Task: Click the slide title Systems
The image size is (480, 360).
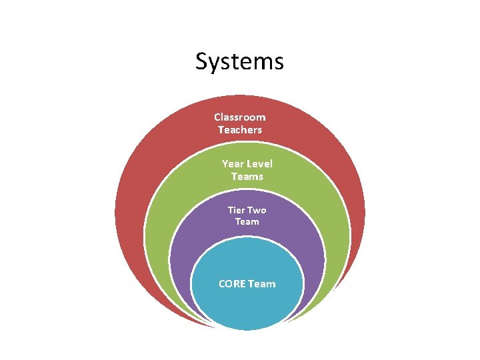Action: point(239,62)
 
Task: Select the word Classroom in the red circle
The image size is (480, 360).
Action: point(239,117)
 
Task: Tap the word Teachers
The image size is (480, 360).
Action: point(240,129)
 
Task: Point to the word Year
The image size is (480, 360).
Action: point(233,164)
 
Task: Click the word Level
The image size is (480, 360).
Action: point(259,164)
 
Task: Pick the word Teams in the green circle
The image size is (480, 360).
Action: point(247,177)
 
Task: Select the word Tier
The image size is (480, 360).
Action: point(237,210)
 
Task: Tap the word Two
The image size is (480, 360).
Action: point(257,210)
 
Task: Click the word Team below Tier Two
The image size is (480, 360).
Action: point(247,221)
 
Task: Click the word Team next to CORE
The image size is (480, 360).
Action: point(263,284)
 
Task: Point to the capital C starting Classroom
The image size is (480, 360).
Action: point(217,117)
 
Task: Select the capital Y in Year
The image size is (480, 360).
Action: point(225,164)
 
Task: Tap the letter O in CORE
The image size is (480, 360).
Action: point(229,284)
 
